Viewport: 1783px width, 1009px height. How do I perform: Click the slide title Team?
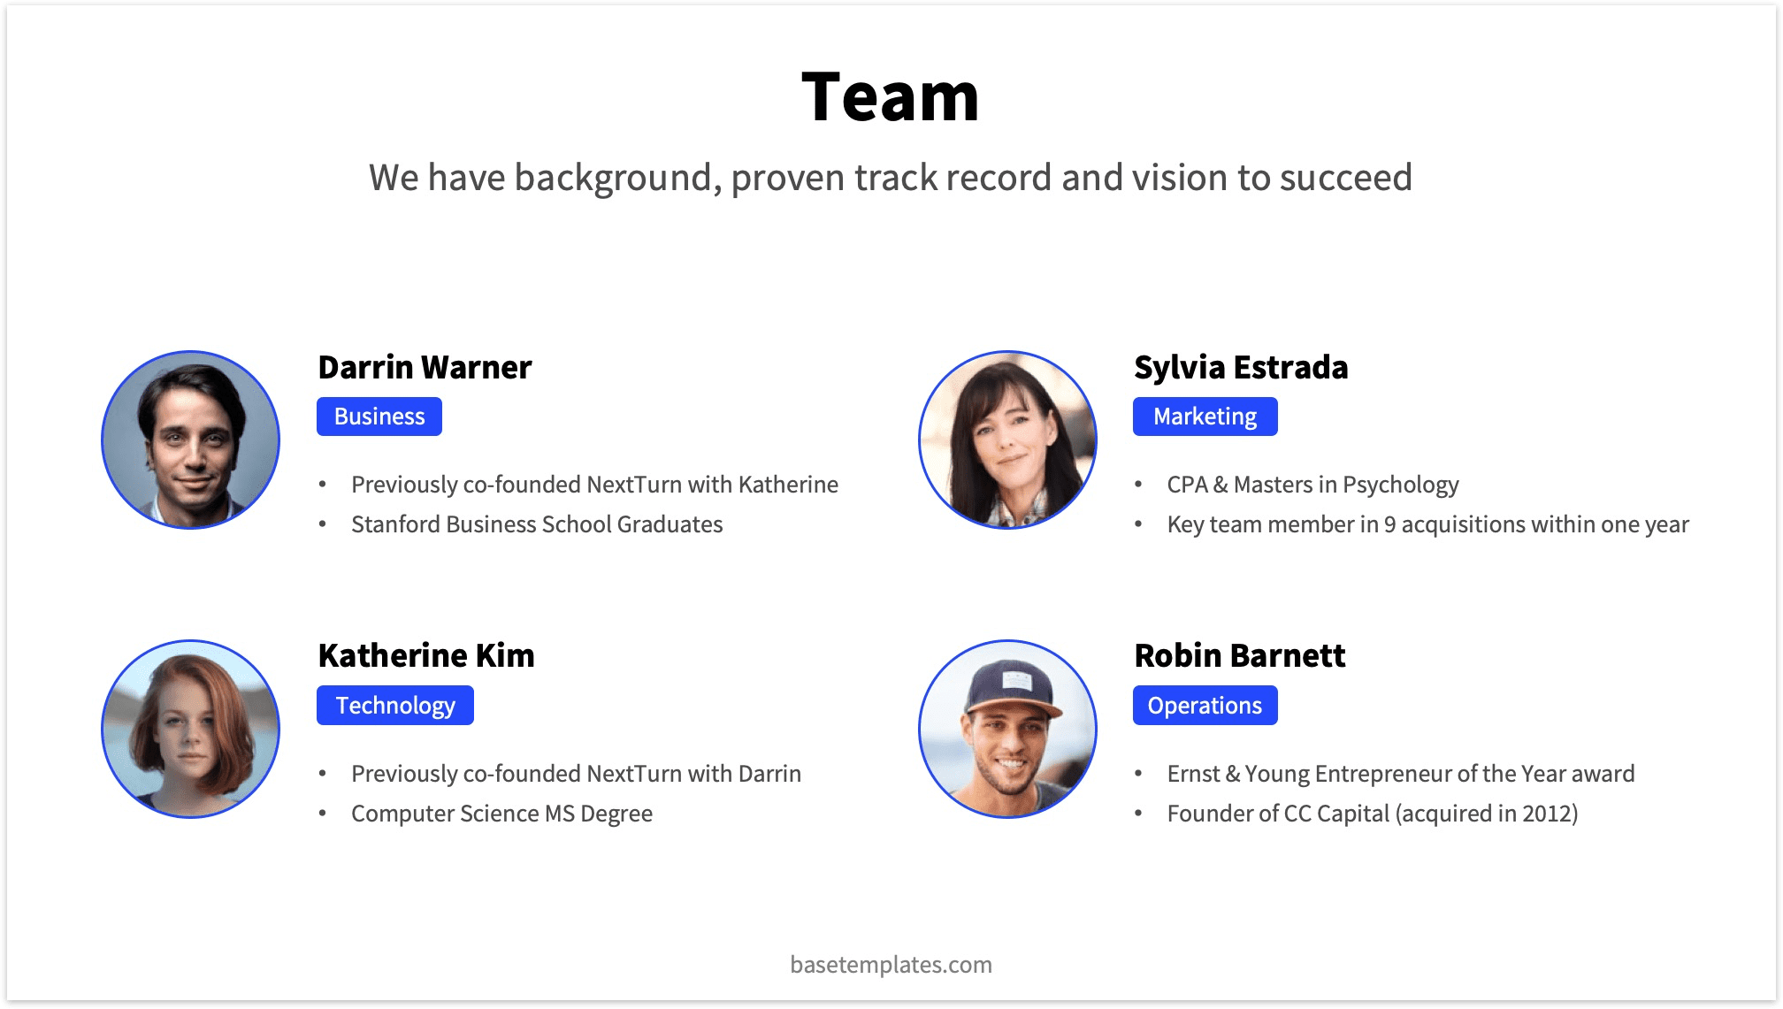[890, 97]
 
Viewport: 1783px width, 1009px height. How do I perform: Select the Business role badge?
[379, 417]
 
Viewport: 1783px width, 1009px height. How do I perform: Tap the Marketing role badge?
[1205, 417]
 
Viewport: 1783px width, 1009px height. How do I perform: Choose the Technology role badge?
[394, 706]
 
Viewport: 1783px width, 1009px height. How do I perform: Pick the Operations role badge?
[1205, 706]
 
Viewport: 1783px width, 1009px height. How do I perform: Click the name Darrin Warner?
[425, 367]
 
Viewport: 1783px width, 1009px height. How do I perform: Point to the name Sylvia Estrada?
[1241, 367]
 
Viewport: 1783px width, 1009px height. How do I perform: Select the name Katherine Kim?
[426, 656]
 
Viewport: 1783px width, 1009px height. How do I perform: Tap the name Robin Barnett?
[1239, 656]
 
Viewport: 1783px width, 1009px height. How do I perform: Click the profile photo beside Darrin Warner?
[191, 440]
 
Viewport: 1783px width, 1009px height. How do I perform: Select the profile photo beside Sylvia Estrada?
[1007, 440]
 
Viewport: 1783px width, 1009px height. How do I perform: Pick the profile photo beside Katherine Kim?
[191, 729]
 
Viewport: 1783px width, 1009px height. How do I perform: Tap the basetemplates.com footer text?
[891, 965]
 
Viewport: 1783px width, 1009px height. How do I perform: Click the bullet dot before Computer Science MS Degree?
[323, 814]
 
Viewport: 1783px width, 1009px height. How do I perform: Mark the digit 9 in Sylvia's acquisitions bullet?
[1389, 524]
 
